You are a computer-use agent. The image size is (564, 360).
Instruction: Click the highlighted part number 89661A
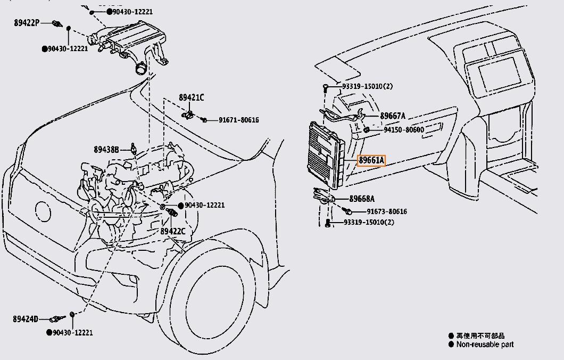371,160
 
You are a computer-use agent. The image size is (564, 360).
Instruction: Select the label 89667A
392,116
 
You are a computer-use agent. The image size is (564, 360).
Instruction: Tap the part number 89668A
362,199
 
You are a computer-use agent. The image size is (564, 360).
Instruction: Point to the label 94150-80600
404,130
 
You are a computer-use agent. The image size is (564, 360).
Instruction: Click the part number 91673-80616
386,211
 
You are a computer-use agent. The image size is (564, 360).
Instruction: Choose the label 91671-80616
238,120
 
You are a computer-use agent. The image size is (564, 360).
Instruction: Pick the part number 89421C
191,97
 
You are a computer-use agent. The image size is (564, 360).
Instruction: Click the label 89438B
106,150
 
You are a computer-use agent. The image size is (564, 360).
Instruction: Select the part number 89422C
173,231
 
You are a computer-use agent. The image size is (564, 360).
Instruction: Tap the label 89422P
27,23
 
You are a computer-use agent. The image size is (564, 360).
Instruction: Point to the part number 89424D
26,319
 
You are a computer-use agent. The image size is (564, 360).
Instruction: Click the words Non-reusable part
485,345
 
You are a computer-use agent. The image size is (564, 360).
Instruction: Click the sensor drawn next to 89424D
57,319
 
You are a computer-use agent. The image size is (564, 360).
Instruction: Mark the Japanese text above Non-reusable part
480,336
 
